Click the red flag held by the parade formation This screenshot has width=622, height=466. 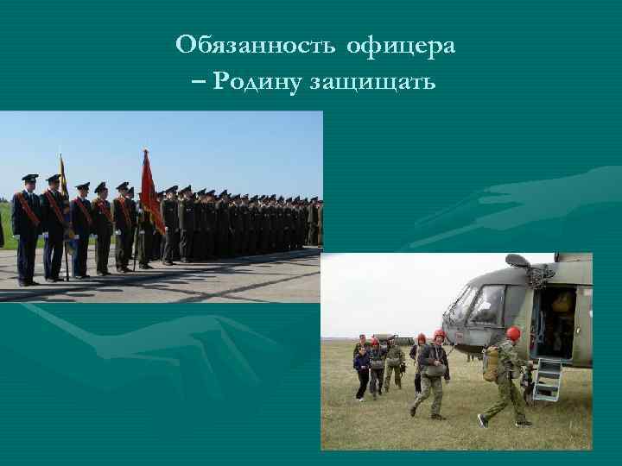pos(150,193)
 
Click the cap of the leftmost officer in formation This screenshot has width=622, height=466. pos(30,179)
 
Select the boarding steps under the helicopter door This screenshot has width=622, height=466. pos(547,380)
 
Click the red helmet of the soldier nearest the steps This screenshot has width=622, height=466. pos(513,333)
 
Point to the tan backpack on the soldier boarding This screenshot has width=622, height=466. pos(492,364)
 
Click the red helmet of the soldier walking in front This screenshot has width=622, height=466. pos(440,335)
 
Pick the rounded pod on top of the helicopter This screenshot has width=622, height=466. pos(517,260)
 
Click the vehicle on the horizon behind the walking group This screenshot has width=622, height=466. pos(379,338)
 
